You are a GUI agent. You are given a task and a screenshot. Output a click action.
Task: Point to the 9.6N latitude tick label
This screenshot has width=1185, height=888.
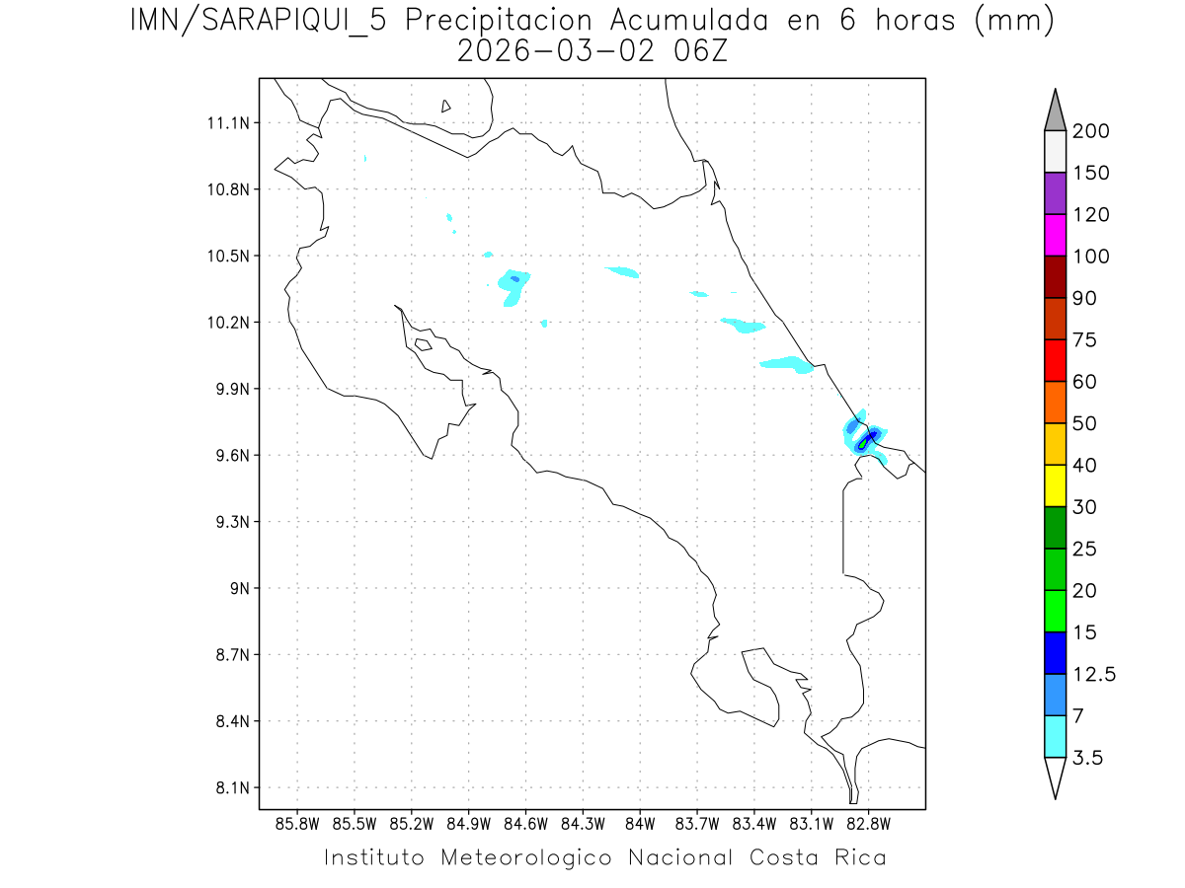231,456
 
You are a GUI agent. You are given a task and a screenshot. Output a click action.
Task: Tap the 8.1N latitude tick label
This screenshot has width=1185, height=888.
231,788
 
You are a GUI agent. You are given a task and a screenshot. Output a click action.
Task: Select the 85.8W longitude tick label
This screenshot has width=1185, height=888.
298,822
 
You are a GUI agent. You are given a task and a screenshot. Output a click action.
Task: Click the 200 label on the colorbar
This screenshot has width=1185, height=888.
1091,132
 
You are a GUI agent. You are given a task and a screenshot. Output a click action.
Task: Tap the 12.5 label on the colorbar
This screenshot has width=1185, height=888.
1094,675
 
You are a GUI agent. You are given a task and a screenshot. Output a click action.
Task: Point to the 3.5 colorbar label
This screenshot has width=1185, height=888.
1088,758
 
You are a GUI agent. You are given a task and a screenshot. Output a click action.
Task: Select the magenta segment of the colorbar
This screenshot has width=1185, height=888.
1055,235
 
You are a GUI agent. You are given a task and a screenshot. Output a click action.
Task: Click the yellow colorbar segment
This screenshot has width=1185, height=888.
1055,485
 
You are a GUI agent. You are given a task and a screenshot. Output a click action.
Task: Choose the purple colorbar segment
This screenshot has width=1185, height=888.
1055,193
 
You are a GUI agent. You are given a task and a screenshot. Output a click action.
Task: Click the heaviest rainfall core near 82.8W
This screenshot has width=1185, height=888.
866,441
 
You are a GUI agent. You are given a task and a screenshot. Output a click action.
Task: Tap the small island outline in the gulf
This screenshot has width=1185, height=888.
422,344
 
